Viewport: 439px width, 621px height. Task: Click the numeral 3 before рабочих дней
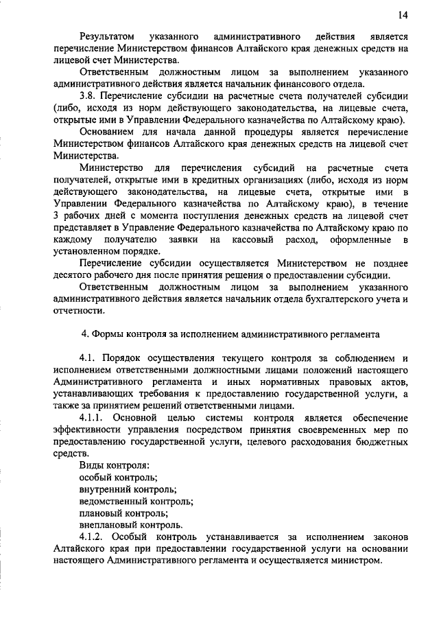click(x=56, y=215)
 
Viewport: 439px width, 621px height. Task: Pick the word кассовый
click(x=254, y=239)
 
